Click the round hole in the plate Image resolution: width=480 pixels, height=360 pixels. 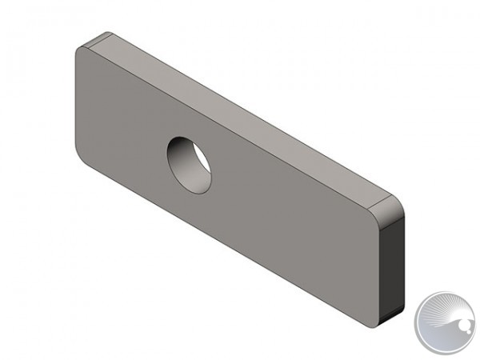(x=189, y=164)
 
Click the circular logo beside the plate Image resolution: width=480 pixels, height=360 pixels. (x=445, y=323)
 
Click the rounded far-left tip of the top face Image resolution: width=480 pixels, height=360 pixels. (x=98, y=37)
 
